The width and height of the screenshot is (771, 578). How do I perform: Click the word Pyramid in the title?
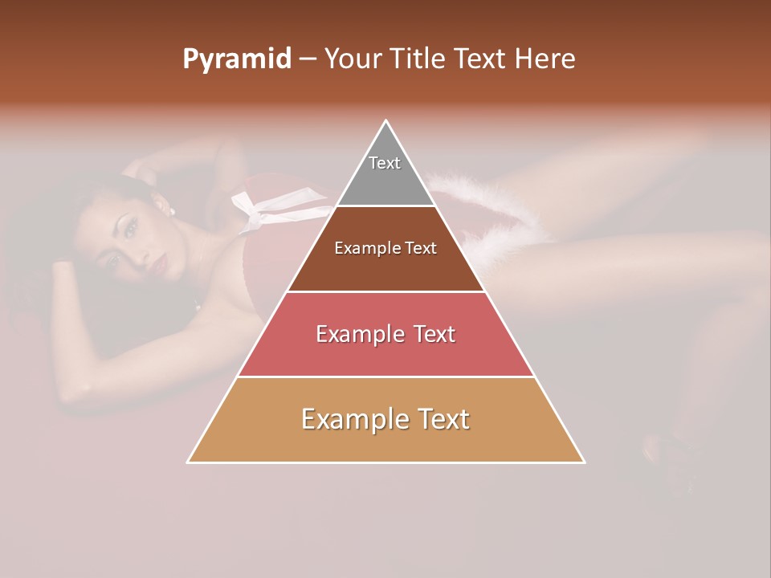(x=236, y=59)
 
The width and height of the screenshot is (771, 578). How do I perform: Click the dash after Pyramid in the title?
(x=308, y=59)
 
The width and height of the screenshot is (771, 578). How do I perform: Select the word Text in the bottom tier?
(x=443, y=419)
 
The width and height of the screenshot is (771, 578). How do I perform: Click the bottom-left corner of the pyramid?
(x=189, y=462)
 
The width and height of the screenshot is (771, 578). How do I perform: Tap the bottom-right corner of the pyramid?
(x=584, y=462)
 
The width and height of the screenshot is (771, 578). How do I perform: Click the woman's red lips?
(x=159, y=263)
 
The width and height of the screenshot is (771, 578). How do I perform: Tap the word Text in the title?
(x=479, y=59)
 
